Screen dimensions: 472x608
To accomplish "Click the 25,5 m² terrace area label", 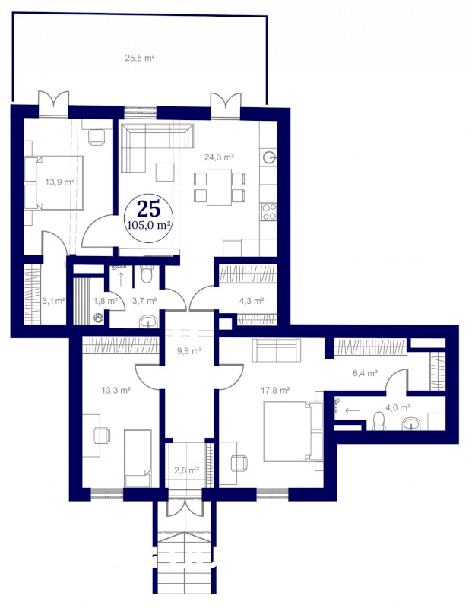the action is (140, 59).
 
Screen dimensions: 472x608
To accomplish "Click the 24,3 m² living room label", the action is (219, 157).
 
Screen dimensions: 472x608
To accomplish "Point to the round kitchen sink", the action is (270, 157).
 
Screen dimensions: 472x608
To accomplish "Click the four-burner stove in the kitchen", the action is (269, 212).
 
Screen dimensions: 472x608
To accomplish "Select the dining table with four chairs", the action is (219, 187).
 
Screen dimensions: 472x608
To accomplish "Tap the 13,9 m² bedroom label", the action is (60, 182).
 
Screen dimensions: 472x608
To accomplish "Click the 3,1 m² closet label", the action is (53, 300).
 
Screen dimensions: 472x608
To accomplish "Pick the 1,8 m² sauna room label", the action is (106, 300).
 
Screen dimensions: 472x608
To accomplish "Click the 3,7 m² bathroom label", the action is (144, 300).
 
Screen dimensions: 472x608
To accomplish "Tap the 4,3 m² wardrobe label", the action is (252, 300).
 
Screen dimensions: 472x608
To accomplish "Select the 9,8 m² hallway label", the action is (190, 351).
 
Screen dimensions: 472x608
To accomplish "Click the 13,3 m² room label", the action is (116, 390).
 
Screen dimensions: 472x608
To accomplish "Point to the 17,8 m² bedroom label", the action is (275, 390).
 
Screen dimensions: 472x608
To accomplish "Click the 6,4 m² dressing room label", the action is (366, 373).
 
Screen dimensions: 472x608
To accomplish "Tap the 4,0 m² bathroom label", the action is (398, 407).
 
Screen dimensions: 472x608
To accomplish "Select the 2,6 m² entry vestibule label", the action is (186, 470).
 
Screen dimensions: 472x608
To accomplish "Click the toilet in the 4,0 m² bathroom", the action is (379, 421).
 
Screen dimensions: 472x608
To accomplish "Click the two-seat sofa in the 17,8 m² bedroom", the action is (277, 350).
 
